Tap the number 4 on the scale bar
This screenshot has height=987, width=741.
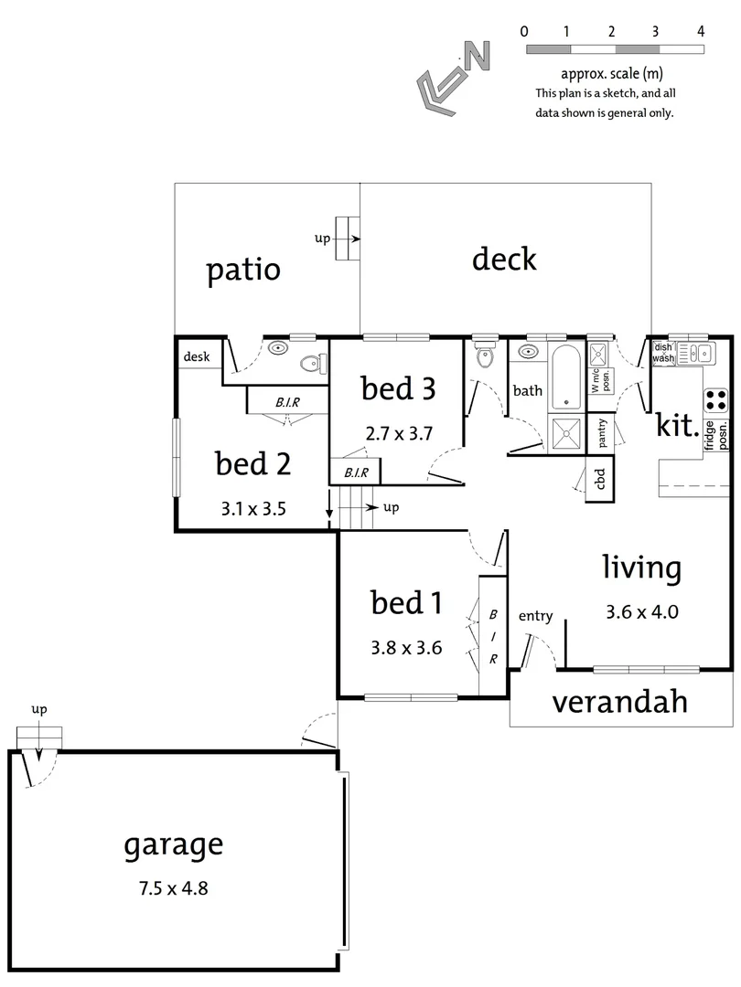coord(700,31)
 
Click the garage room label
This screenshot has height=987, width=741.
coord(173,844)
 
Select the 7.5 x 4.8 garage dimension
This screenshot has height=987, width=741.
coord(173,886)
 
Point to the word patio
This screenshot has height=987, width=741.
coord(242,271)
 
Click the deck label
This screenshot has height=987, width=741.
coord(504,260)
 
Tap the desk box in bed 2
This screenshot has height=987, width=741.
coord(197,357)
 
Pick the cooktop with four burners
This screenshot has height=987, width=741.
coord(715,400)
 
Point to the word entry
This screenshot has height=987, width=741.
coord(535,616)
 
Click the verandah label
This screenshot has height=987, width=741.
coord(620,702)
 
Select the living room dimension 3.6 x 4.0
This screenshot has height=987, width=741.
coord(641,612)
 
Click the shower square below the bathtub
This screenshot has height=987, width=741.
coord(564,433)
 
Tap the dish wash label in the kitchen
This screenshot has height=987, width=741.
coord(663,353)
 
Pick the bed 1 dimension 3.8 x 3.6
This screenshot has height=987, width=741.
coord(406,648)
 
